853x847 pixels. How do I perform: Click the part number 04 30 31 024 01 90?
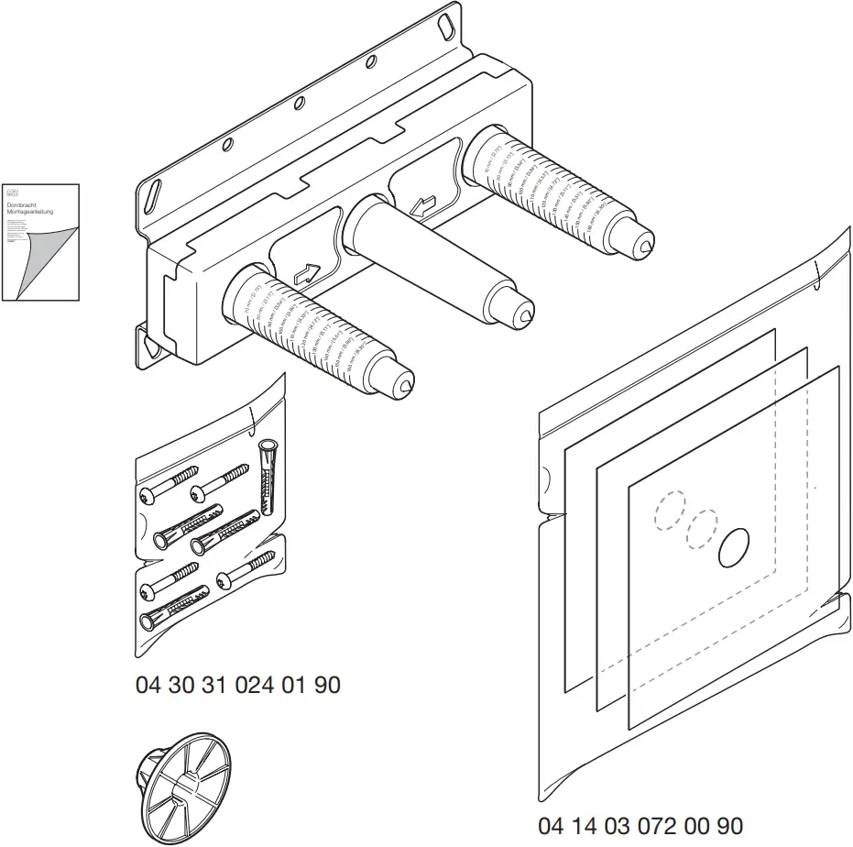tap(238, 685)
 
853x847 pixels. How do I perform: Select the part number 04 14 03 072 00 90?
tap(640, 825)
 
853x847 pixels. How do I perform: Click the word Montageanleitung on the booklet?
tap(36, 213)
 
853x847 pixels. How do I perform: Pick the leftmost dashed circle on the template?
tap(672, 511)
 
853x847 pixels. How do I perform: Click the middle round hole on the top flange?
tap(300, 104)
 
